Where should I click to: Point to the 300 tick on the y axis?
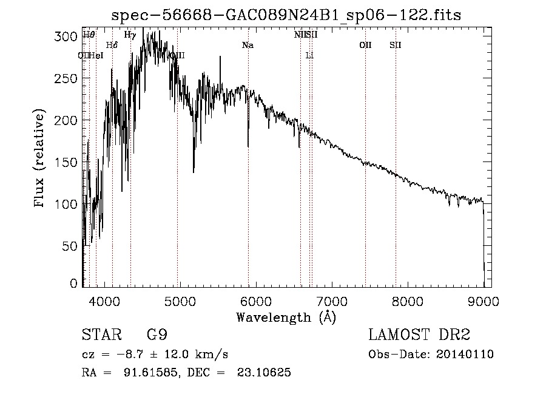(71, 37)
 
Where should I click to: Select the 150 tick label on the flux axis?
(71, 163)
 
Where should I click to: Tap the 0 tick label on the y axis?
(75, 284)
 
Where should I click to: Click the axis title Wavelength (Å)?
(286, 317)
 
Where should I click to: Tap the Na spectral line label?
(248, 46)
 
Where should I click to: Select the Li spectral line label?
(309, 56)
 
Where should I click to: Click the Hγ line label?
(130, 35)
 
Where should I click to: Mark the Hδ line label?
(112, 46)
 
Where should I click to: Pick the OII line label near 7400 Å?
(365, 46)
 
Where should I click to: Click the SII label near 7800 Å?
(396, 46)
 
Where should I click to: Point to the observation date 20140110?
(463, 355)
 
